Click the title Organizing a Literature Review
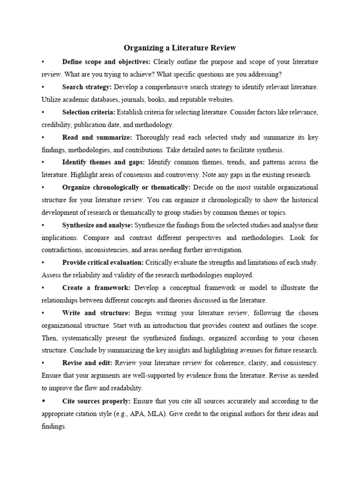(180, 48)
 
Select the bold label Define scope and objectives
(106, 62)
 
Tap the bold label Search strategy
(87, 87)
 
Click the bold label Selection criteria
(89, 112)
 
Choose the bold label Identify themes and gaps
(104, 162)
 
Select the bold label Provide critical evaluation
(103, 262)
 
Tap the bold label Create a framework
(96, 287)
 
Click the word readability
(126, 388)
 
